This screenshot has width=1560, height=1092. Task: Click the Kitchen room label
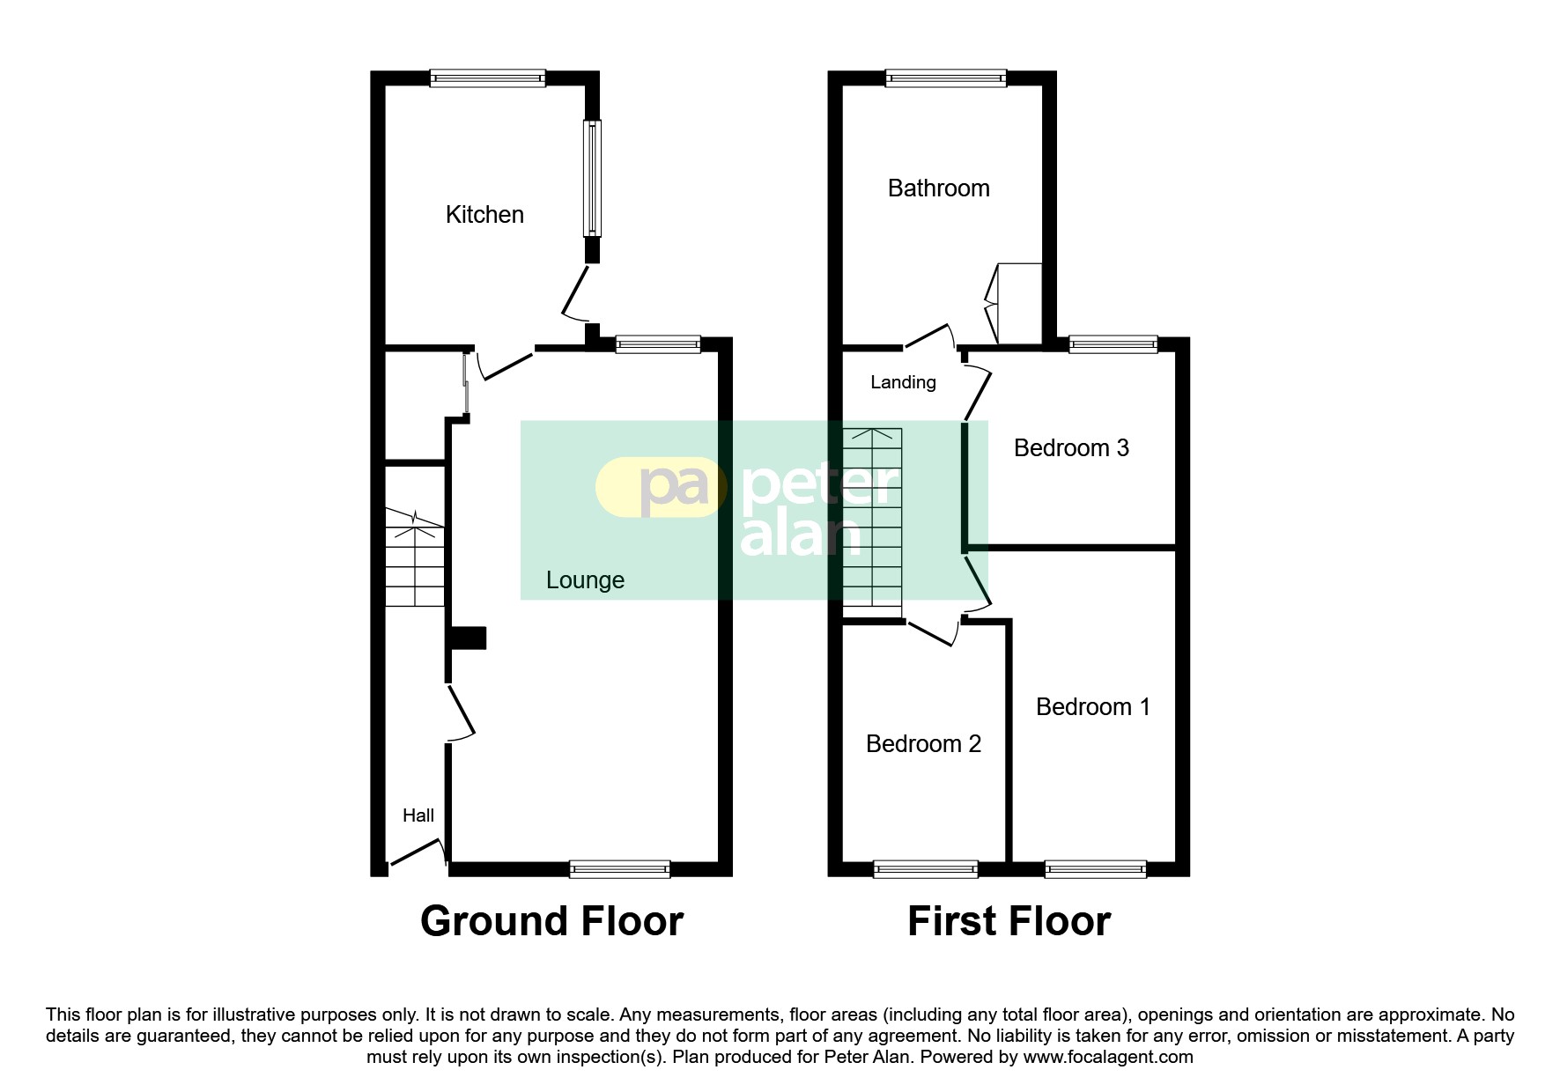tap(484, 215)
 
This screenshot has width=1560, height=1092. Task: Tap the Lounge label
tap(585, 580)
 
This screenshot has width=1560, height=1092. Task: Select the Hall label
tap(418, 815)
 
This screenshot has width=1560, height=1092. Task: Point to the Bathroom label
tap(938, 188)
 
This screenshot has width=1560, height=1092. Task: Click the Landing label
tap(903, 382)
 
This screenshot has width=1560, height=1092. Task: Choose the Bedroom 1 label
tap(1092, 707)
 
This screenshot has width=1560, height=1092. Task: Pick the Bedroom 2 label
tap(923, 744)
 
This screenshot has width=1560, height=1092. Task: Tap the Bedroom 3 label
tap(1071, 448)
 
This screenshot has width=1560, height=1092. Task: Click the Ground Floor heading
tap(551, 921)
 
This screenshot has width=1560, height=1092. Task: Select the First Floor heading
tap(1009, 921)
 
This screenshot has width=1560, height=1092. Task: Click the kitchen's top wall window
tap(487, 78)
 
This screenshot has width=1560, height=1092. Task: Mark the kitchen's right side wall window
tap(593, 178)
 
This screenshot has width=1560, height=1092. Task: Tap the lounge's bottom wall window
tap(620, 869)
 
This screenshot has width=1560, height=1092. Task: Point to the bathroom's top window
tap(945, 78)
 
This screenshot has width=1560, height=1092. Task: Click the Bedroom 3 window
tap(1113, 344)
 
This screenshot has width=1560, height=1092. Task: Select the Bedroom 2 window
tap(925, 869)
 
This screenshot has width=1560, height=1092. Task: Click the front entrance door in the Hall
tap(416, 852)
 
